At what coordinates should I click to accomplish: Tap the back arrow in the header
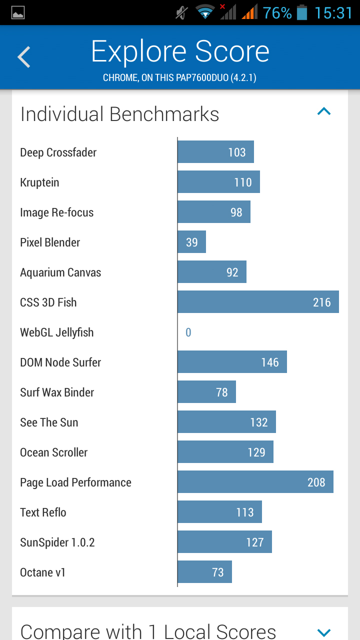(24, 57)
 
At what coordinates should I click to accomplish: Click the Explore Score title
(180, 51)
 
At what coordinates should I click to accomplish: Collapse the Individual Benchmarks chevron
(324, 111)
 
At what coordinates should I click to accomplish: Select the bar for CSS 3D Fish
(258, 301)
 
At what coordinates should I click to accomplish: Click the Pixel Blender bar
(191, 241)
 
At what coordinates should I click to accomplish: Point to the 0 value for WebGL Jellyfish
(188, 332)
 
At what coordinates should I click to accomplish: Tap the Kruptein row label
(39, 182)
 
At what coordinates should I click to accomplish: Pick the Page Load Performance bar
(255, 481)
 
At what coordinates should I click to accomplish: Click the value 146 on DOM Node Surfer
(270, 362)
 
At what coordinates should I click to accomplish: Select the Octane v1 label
(43, 572)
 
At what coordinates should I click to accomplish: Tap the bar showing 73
(204, 571)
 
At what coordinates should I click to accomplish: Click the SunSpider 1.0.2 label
(57, 542)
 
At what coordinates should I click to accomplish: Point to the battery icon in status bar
(301, 13)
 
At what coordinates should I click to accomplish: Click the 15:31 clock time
(333, 13)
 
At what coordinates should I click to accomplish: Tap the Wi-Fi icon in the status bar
(205, 12)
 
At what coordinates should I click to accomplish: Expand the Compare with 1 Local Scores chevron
(324, 632)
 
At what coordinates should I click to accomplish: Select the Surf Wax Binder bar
(207, 391)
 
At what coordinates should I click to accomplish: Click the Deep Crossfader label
(58, 152)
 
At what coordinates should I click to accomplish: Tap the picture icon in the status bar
(18, 13)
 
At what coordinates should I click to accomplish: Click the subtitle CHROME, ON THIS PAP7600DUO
(179, 77)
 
